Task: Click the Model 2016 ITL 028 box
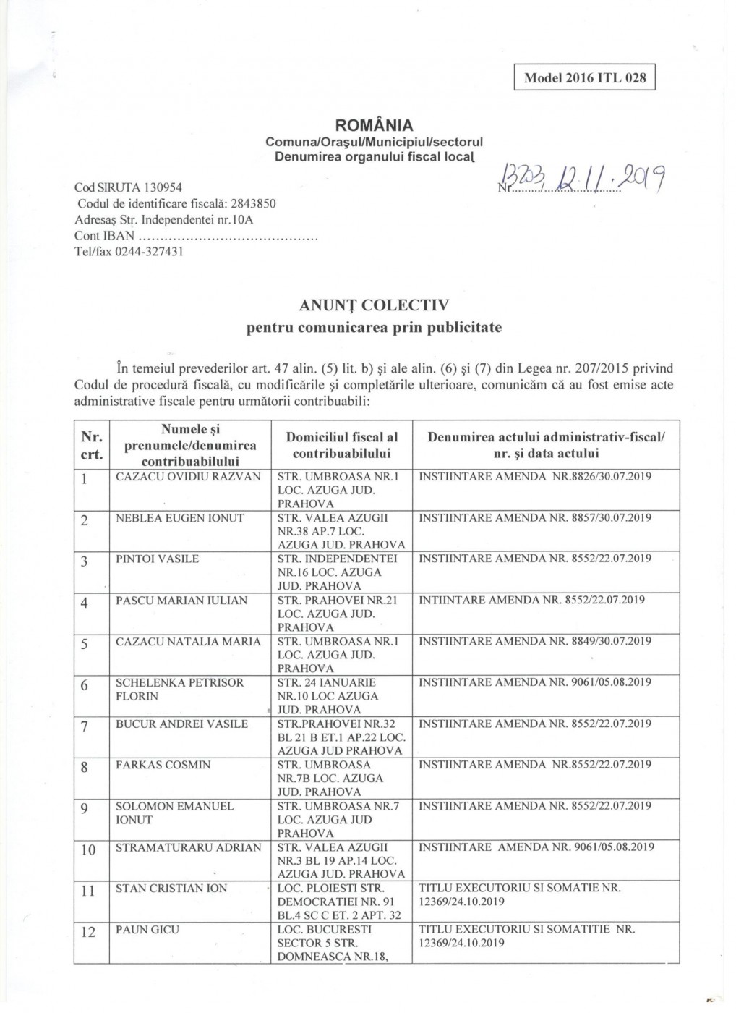[584, 77]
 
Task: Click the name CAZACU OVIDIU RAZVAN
[188, 477]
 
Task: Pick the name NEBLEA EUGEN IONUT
[180, 518]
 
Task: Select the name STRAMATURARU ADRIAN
[189, 847]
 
